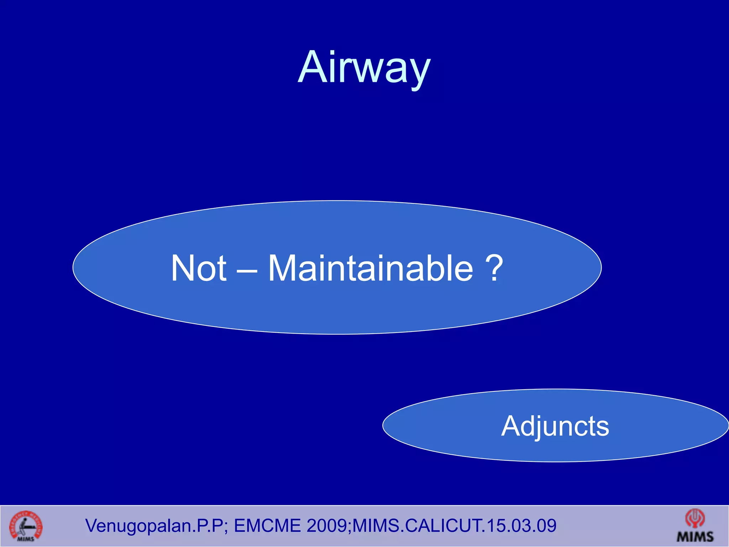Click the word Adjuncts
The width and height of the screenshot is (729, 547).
(555, 426)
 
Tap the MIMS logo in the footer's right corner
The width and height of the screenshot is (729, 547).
(695, 526)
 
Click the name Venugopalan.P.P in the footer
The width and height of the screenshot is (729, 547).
(154, 526)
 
